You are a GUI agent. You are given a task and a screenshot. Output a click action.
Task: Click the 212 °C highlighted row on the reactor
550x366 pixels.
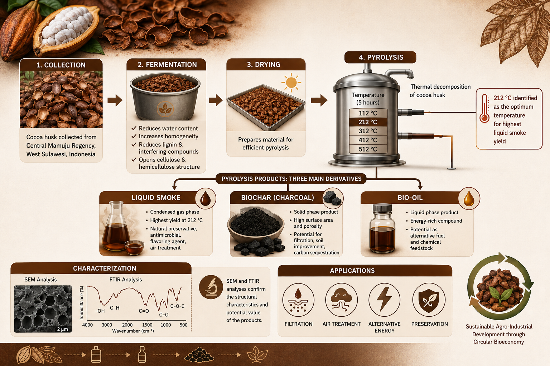[x=368, y=122]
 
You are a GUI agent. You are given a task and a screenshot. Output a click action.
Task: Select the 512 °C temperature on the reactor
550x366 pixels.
[x=368, y=149]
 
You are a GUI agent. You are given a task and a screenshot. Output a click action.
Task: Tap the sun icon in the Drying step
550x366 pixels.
[x=291, y=83]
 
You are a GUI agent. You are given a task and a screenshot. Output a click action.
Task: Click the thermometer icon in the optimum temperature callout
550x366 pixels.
[x=484, y=108]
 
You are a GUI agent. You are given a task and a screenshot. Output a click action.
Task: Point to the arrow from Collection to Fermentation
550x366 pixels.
[x=115, y=100]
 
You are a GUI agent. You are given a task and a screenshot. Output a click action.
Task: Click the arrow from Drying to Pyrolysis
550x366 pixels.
[x=319, y=100]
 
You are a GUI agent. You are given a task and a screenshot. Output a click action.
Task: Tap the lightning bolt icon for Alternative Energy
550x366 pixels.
[x=384, y=300]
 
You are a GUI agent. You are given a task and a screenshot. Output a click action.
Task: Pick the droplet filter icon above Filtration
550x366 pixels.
[x=298, y=300]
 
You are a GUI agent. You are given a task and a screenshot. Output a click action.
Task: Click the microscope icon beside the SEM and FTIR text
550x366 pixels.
[x=211, y=287]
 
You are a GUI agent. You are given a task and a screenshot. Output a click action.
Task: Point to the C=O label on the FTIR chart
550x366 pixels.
[x=144, y=311]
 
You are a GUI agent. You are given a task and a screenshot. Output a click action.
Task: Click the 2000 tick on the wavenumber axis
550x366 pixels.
[x=127, y=325]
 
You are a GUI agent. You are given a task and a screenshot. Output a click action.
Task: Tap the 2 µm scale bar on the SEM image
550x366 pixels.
[x=62, y=329]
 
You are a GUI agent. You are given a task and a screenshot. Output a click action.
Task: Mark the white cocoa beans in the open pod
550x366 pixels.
[x=66, y=26]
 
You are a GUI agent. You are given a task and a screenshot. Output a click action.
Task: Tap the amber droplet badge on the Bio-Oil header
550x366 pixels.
[x=469, y=198]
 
